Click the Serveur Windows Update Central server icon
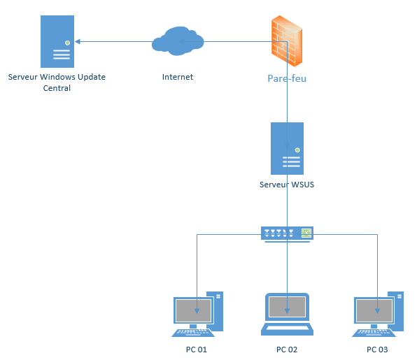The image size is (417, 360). tap(57, 41)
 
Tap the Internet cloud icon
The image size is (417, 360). tap(178, 41)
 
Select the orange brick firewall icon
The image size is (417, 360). tap(287, 41)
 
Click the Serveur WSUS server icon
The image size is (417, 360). tap(287, 148)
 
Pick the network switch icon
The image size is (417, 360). tap(287, 234)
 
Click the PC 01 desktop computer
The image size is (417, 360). tap(197, 314)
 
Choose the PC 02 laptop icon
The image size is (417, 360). tap(287, 314)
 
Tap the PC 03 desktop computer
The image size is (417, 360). tap(378, 314)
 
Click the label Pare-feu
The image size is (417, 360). tap(287, 78)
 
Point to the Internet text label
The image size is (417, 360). tap(178, 77)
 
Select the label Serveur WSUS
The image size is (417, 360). tap(287, 185)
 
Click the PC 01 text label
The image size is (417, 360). tap(197, 350)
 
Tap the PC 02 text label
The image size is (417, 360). tap(287, 350)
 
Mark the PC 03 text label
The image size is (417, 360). tap(377, 350)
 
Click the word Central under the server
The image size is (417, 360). tap(57, 88)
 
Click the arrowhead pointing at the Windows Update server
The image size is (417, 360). tap(78, 41)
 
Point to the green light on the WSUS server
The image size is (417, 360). tap(297, 150)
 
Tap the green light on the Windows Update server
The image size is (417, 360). tap(68, 43)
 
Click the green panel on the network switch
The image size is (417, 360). tap(306, 233)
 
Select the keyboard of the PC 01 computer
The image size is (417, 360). tap(193, 333)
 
